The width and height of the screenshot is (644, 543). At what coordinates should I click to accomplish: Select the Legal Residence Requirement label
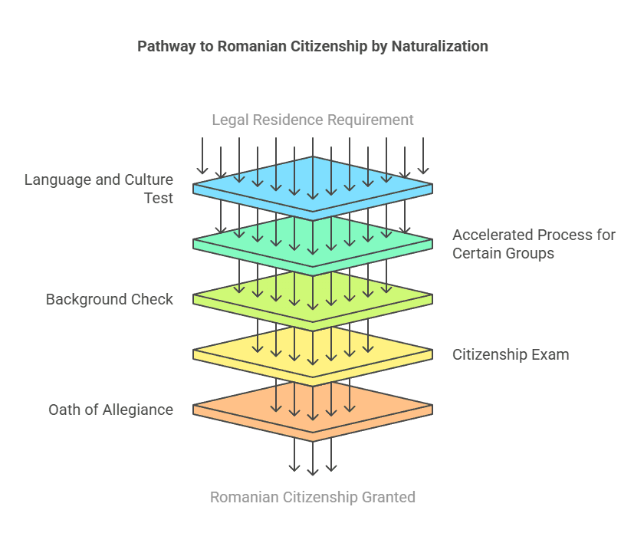point(313,120)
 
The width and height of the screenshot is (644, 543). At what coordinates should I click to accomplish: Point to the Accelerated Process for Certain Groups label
point(534,244)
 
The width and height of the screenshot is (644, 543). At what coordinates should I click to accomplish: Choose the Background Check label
point(109,299)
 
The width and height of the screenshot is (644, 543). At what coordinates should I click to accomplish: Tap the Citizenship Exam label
point(511,354)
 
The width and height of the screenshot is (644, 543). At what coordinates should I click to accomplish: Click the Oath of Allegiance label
point(110,410)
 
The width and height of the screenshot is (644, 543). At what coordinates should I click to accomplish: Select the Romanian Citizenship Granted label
point(313,497)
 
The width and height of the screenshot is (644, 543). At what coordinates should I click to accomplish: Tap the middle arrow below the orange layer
point(313,460)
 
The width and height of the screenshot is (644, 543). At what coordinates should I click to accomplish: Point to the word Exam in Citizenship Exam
point(551,354)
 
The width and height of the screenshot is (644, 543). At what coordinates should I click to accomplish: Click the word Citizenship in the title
point(327,47)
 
